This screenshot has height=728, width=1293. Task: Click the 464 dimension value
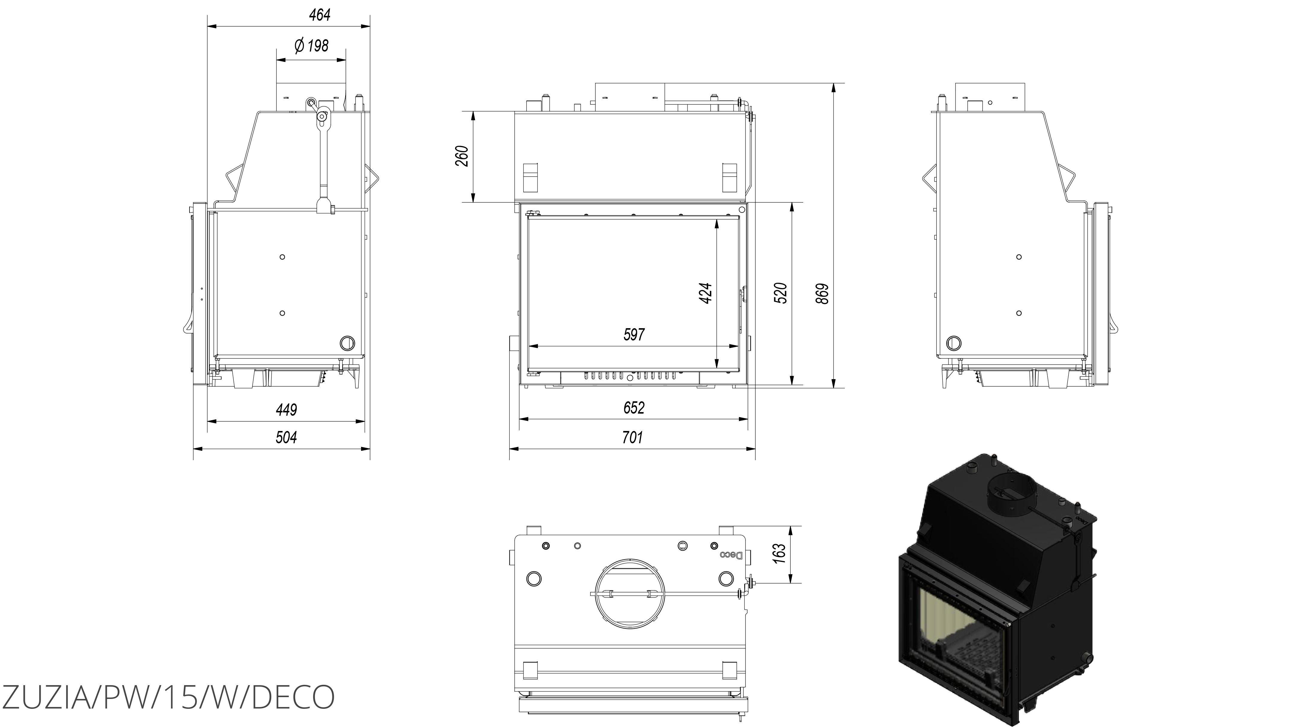(320, 15)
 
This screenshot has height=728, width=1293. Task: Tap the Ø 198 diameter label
(311, 46)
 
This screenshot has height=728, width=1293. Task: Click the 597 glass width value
(634, 334)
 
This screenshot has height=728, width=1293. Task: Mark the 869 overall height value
(822, 294)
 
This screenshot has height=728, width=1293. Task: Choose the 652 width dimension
(634, 408)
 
